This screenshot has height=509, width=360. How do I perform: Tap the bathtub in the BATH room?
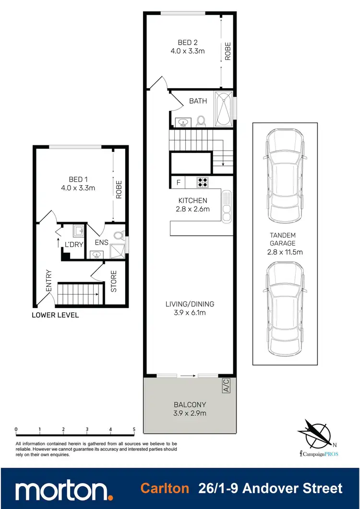(x=223, y=109)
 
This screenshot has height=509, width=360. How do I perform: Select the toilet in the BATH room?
(x=202, y=120)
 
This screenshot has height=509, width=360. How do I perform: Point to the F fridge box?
(x=179, y=182)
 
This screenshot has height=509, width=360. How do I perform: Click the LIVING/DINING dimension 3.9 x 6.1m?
(x=190, y=312)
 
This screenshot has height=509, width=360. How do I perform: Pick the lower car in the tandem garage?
(x=285, y=308)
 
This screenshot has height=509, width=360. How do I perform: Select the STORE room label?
(x=114, y=282)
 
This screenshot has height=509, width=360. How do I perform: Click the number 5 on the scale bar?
(x=134, y=429)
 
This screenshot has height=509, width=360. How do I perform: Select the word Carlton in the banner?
(x=164, y=489)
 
